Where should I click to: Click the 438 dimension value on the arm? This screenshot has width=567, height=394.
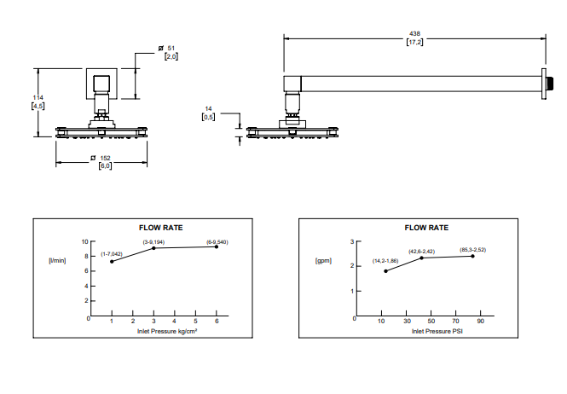click(x=414, y=34)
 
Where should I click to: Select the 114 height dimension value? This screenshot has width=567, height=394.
click(x=38, y=97)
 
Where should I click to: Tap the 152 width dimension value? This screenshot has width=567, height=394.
click(x=105, y=158)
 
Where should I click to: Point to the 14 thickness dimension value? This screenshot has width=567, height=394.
click(x=208, y=109)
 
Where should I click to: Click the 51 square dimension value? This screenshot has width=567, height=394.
click(x=170, y=49)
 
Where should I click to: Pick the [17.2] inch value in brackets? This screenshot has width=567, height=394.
click(x=414, y=42)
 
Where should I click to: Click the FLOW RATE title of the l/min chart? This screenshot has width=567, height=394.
click(x=161, y=228)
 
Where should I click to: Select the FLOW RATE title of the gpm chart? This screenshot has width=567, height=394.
click(x=426, y=228)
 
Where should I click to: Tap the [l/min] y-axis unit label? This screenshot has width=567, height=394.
click(x=57, y=260)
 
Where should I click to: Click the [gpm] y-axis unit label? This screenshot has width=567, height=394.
click(x=323, y=259)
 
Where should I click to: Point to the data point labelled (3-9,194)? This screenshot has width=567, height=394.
click(x=153, y=248)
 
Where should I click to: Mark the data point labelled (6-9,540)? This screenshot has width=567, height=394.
click(x=217, y=246)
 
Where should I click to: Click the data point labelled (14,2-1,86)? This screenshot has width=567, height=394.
click(x=385, y=271)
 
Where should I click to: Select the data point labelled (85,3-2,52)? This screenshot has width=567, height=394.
click(x=472, y=256)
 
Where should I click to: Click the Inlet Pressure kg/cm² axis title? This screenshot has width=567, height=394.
click(x=167, y=330)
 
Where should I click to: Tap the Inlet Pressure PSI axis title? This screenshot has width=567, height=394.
click(x=431, y=330)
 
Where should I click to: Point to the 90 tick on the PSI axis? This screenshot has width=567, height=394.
click(x=480, y=322)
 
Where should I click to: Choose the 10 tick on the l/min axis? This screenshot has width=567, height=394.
click(x=85, y=241)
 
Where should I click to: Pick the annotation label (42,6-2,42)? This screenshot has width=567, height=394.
click(x=422, y=251)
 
